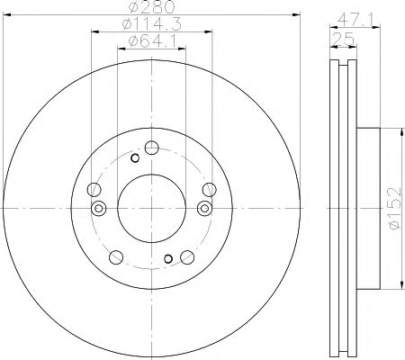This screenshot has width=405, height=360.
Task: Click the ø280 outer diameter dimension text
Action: pyautogui.click(x=151, y=10)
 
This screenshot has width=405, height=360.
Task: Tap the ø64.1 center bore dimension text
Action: pyautogui.click(x=151, y=41)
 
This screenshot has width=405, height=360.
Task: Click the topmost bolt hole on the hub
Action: pyautogui.click(x=152, y=148)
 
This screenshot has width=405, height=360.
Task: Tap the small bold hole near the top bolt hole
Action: pyautogui.click(x=136, y=159)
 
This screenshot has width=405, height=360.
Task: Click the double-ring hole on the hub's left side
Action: pyautogui.click(x=98, y=209)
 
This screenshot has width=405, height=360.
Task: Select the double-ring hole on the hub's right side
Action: pyautogui.click(x=204, y=209)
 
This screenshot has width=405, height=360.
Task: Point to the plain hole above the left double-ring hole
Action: pyautogui.click(x=94, y=189)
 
